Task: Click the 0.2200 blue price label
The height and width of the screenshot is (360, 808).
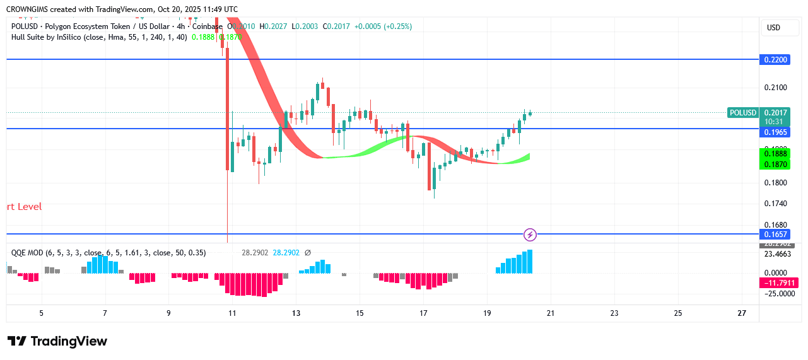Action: coord(776,59)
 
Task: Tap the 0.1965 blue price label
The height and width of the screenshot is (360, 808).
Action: coord(776,132)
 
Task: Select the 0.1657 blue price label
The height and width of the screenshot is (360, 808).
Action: coord(776,235)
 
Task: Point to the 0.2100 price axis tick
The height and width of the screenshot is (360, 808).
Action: coord(776,87)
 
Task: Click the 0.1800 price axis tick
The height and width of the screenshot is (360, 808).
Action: coord(776,183)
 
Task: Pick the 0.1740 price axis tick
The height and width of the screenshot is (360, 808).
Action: coord(776,204)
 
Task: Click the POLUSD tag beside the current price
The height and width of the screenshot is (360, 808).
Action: coord(742,113)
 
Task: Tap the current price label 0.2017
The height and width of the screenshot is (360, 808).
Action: coord(776,113)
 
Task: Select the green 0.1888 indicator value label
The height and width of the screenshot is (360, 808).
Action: coord(776,154)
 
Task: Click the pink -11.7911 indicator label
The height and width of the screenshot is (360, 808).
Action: coord(780,283)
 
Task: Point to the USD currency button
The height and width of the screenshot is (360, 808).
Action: coord(773,28)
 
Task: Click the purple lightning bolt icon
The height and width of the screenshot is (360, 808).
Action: coord(530,235)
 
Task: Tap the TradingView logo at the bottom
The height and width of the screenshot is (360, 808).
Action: coord(57,341)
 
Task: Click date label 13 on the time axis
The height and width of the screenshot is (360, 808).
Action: coord(296,313)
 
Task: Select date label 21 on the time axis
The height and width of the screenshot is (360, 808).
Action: coord(550,313)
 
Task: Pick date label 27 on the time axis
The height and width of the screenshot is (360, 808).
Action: coord(742,313)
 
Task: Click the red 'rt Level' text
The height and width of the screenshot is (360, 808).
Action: coord(24,207)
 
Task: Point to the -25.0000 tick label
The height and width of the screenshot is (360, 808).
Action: coord(777,294)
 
